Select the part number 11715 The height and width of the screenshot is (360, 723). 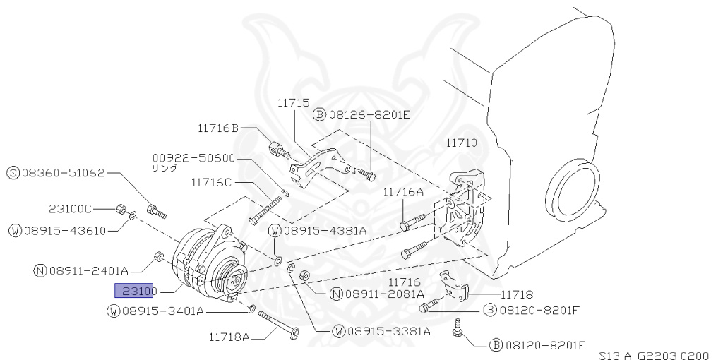tap(293, 103)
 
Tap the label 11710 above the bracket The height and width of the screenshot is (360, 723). tap(461, 143)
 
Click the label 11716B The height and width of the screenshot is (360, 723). tap(218, 128)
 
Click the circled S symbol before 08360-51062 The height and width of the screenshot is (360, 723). tap(13, 173)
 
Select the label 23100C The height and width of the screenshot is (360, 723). tap(71, 209)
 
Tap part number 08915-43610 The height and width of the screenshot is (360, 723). tap(63, 231)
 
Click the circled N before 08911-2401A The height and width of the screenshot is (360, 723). tap(40, 270)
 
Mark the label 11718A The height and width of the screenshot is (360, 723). tap(229, 337)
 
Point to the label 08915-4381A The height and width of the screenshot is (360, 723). tap(325, 230)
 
